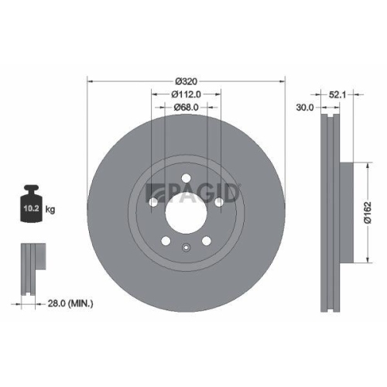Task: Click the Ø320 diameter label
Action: click(186, 80)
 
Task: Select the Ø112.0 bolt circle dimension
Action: click(186, 94)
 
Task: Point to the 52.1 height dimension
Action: click(336, 94)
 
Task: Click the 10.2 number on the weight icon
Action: click(31, 209)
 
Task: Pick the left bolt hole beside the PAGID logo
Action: click(153, 203)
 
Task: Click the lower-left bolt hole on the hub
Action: click(166, 239)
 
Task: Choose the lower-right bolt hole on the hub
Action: click(206, 239)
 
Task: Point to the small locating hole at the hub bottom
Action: click(186, 248)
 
